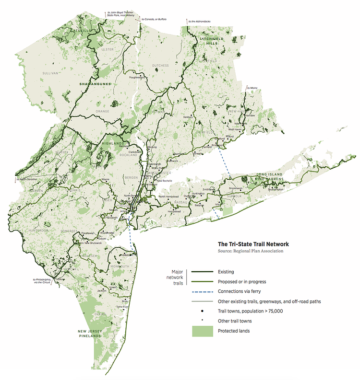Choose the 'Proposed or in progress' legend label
tap(241, 282)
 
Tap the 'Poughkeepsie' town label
tap(137, 77)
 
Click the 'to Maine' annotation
tap(252, 88)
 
